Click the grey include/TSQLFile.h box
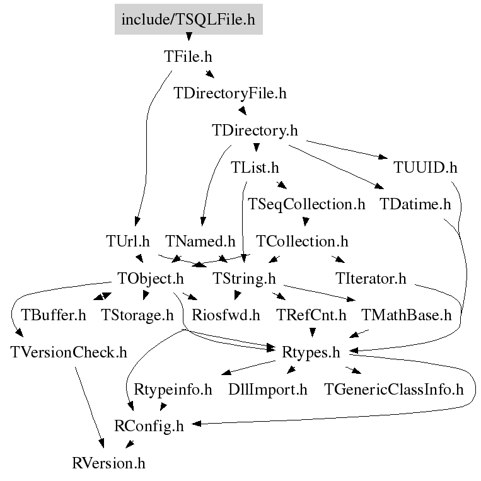[x=188, y=19]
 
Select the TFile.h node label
[x=188, y=57]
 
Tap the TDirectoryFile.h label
[x=229, y=93]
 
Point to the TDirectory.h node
[x=255, y=130]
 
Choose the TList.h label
[x=255, y=168]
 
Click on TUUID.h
[x=425, y=168]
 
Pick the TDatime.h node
[x=415, y=204]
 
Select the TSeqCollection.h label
[x=306, y=205]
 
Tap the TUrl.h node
[x=127, y=241]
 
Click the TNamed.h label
[x=200, y=241]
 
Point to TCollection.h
[x=302, y=241]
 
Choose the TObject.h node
[x=151, y=279]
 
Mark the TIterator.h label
[x=371, y=278]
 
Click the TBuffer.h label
[x=54, y=315]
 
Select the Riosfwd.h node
[x=226, y=315]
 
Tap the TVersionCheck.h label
[x=69, y=352]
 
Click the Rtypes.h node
[x=311, y=353]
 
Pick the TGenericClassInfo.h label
[x=393, y=390]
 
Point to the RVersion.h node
[x=108, y=463]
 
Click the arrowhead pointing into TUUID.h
[x=383, y=157]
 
